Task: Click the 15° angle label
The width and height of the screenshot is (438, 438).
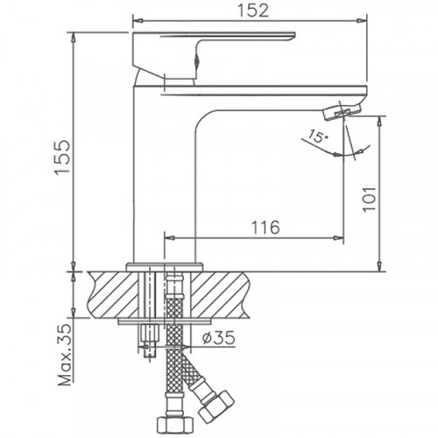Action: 317,137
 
